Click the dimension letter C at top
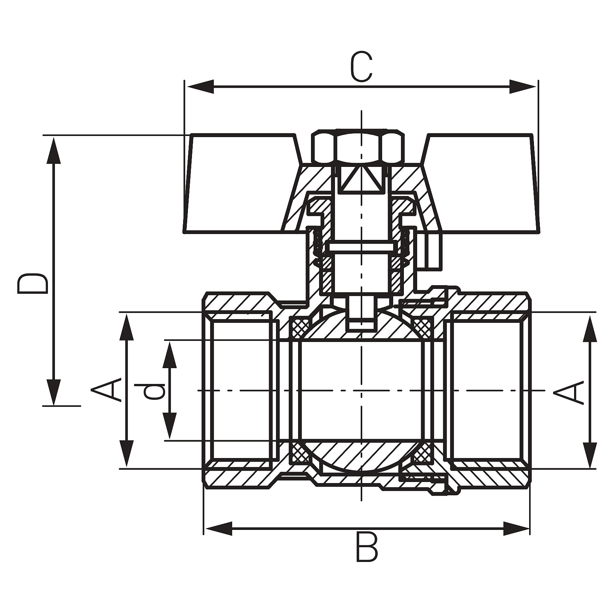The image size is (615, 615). point(361,67)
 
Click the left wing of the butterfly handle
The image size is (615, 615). point(240,184)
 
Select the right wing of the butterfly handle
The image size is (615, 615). point(483,184)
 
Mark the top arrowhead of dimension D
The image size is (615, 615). point(54,149)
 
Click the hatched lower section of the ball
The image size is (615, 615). point(361,455)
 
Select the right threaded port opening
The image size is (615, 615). point(486,391)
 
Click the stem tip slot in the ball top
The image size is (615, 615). point(361,317)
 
